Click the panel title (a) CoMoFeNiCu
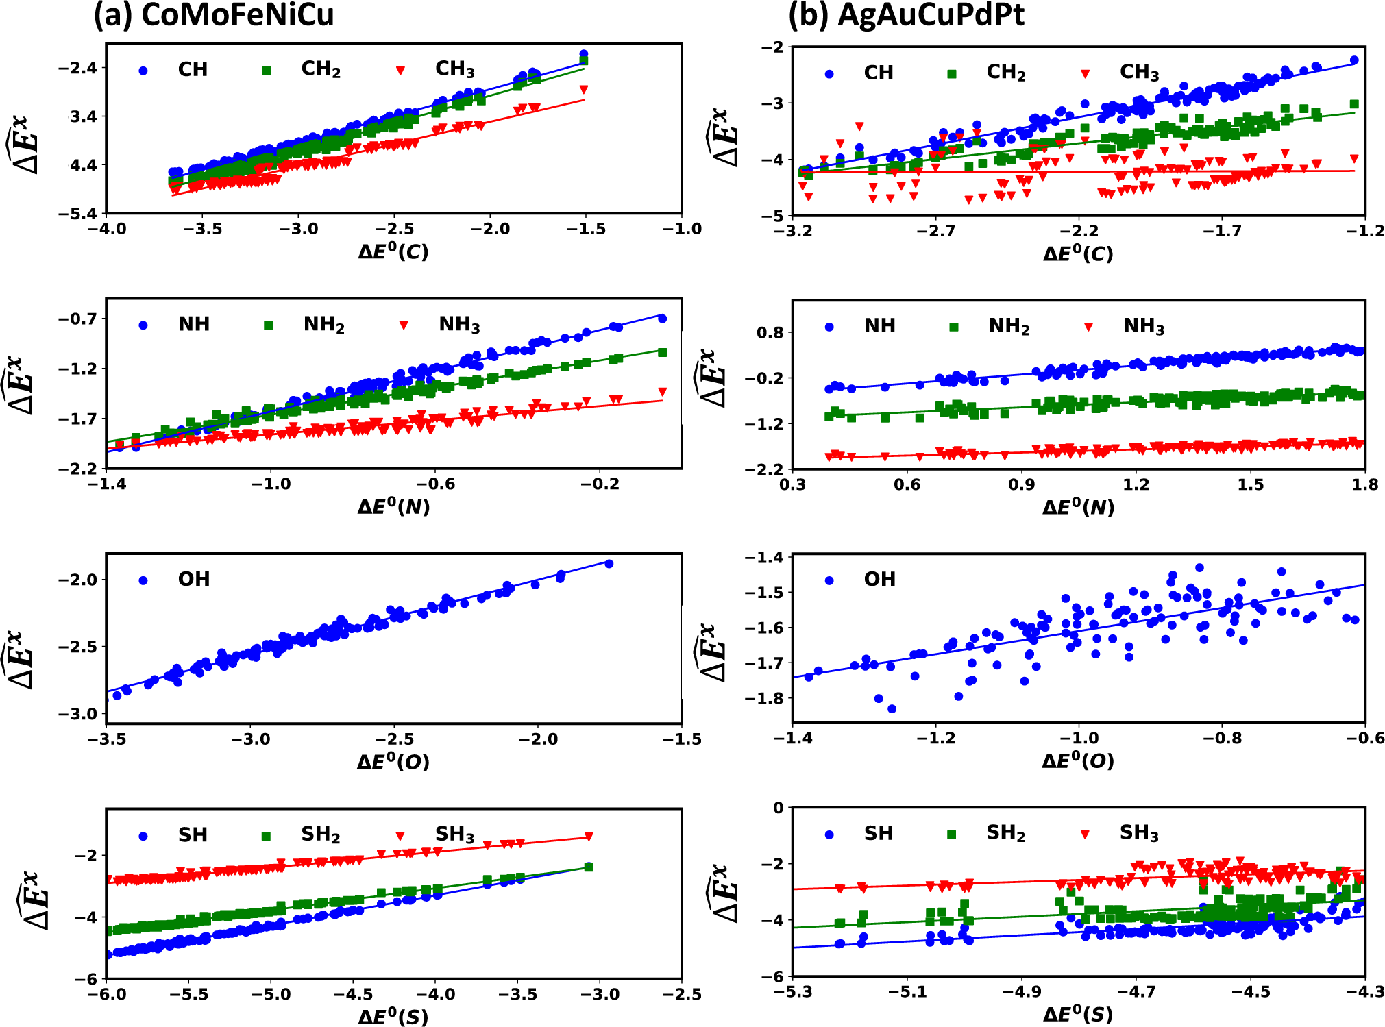point(213,15)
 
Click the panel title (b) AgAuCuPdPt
point(906,15)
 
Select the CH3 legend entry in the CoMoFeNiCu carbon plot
point(454,69)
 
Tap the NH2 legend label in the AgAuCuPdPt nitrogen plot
point(1009,326)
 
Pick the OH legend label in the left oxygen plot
point(194,580)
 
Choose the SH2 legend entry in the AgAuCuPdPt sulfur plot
point(1005,833)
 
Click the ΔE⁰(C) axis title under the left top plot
point(393,251)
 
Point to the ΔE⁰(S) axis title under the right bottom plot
point(1078,1014)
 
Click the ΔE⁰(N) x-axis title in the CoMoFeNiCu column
point(393,506)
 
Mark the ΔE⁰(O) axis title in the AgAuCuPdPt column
point(1078,760)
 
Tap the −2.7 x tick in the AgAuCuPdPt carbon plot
point(935,231)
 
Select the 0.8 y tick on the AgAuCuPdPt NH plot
point(769,333)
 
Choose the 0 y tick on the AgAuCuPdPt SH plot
point(778,808)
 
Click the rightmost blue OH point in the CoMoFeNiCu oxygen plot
point(609,564)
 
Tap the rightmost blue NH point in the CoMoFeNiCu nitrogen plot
point(662,319)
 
